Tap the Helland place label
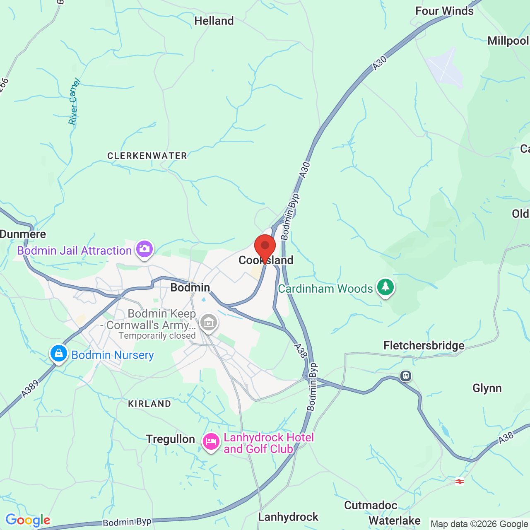tap(214, 21)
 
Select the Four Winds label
tap(444, 11)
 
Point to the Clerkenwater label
tap(147, 156)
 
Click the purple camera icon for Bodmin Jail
tap(145, 249)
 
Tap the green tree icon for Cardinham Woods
tap(385, 287)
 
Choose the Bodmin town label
tap(190, 287)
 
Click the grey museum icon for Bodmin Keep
tap(208, 322)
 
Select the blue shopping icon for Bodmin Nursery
tap(59, 354)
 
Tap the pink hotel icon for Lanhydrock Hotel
tap(211, 442)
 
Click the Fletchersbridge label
tap(424, 345)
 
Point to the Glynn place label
tap(487, 388)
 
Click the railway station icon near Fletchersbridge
tap(406, 376)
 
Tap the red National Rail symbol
tap(459, 482)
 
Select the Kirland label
tap(149, 404)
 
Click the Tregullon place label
tap(170, 439)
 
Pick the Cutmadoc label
tap(371, 505)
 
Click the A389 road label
tap(30, 389)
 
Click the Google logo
tap(28, 520)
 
